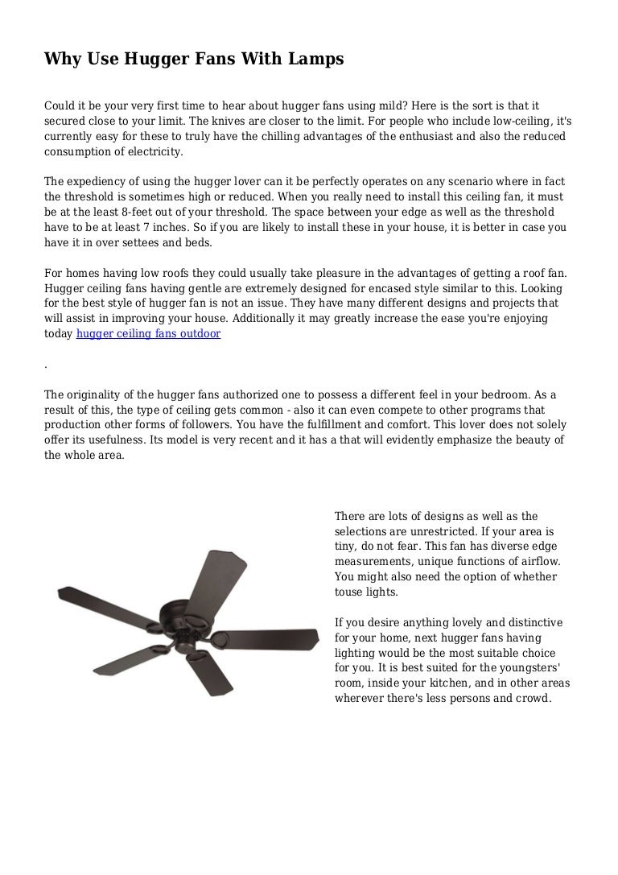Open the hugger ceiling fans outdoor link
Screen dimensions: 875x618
click(148, 334)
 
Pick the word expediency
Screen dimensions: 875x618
click(101, 182)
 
